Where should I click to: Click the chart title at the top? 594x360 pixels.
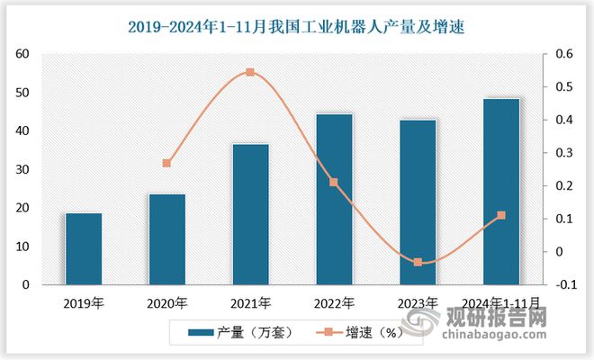click(x=297, y=26)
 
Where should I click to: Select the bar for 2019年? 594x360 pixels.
click(x=84, y=249)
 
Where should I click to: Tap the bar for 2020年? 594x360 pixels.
click(x=167, y=239)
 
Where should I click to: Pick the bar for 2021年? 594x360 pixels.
click(x=250, y=214)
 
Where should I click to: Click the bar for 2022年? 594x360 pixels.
click(x=334, y=200)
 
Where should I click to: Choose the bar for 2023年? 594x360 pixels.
click(x=418, y=202)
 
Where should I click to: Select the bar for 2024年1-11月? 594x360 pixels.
click(x=501, y=192)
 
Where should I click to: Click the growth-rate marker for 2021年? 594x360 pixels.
click(x=250, y=72)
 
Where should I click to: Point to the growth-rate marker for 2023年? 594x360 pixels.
click(x=418, y=262)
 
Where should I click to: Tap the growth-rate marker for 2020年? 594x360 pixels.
click(x=167, y=163)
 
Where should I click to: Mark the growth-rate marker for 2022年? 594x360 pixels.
click(x=334, y=183)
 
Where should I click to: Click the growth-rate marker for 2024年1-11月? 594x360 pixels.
click(x=501, y=215)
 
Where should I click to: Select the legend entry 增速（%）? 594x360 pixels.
click(x=347, y=333)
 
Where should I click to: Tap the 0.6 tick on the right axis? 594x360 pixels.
click(x=563, y=54)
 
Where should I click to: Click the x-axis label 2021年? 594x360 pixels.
click(x=250, y=302)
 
